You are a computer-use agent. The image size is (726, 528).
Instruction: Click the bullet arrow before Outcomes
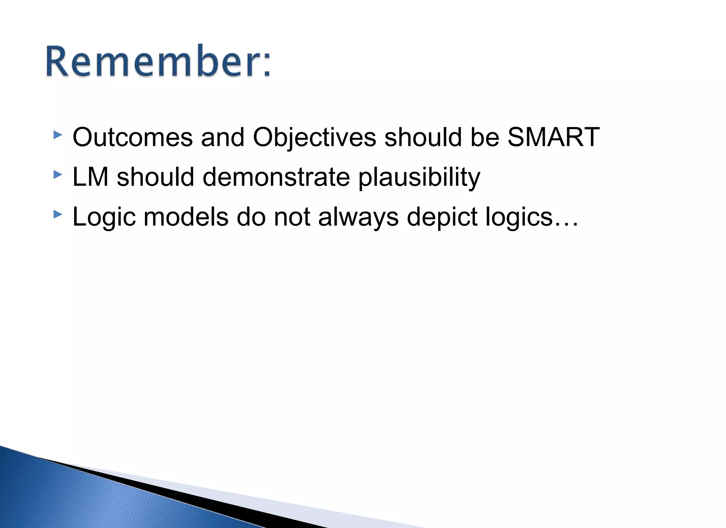[57, 135]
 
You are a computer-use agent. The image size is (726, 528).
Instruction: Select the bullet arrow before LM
[57, 175]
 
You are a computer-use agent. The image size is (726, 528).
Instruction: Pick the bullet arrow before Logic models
[57, 215]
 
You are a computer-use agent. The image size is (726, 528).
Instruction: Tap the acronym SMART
[553, 137]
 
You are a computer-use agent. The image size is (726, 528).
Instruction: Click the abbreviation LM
[90, 177]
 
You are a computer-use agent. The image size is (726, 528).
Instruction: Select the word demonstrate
[276, 177]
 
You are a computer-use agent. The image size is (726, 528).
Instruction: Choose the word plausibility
[419, 178]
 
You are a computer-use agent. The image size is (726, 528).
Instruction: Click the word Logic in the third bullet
[104, 217]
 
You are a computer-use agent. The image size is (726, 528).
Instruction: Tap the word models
[186, 217]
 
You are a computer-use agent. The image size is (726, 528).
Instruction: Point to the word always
[358, 217]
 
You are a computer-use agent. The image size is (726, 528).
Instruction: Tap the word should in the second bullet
[155, 177]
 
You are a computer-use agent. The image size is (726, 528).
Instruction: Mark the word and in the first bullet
[223, 137]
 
